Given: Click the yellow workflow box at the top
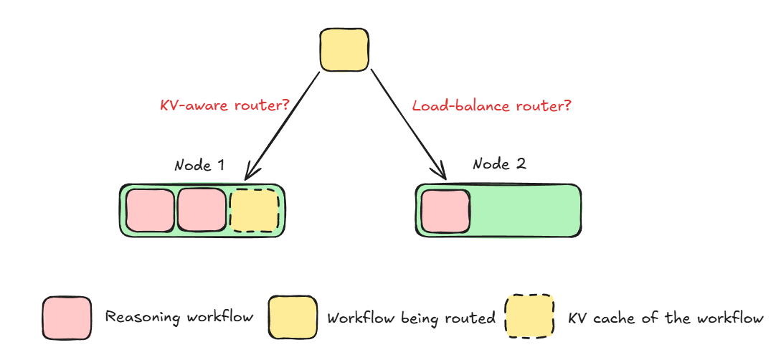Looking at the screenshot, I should click(x=344, y=50).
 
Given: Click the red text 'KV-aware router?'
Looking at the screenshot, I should click(x=224, y=105).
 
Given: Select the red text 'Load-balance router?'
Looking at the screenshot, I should click(x=492, y=105).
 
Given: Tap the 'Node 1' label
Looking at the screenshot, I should click(x=199, y=165).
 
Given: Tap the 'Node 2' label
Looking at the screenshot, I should click(x=499, y=164).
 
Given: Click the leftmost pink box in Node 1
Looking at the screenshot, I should click(x=150, y=210).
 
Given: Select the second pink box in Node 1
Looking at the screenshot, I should click(x=202, y=210).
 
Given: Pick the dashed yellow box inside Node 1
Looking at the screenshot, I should click(x=254, y=210).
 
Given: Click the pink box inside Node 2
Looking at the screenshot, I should click(x=445, y=211).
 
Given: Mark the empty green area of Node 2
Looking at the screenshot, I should click(x=524, y=211).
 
